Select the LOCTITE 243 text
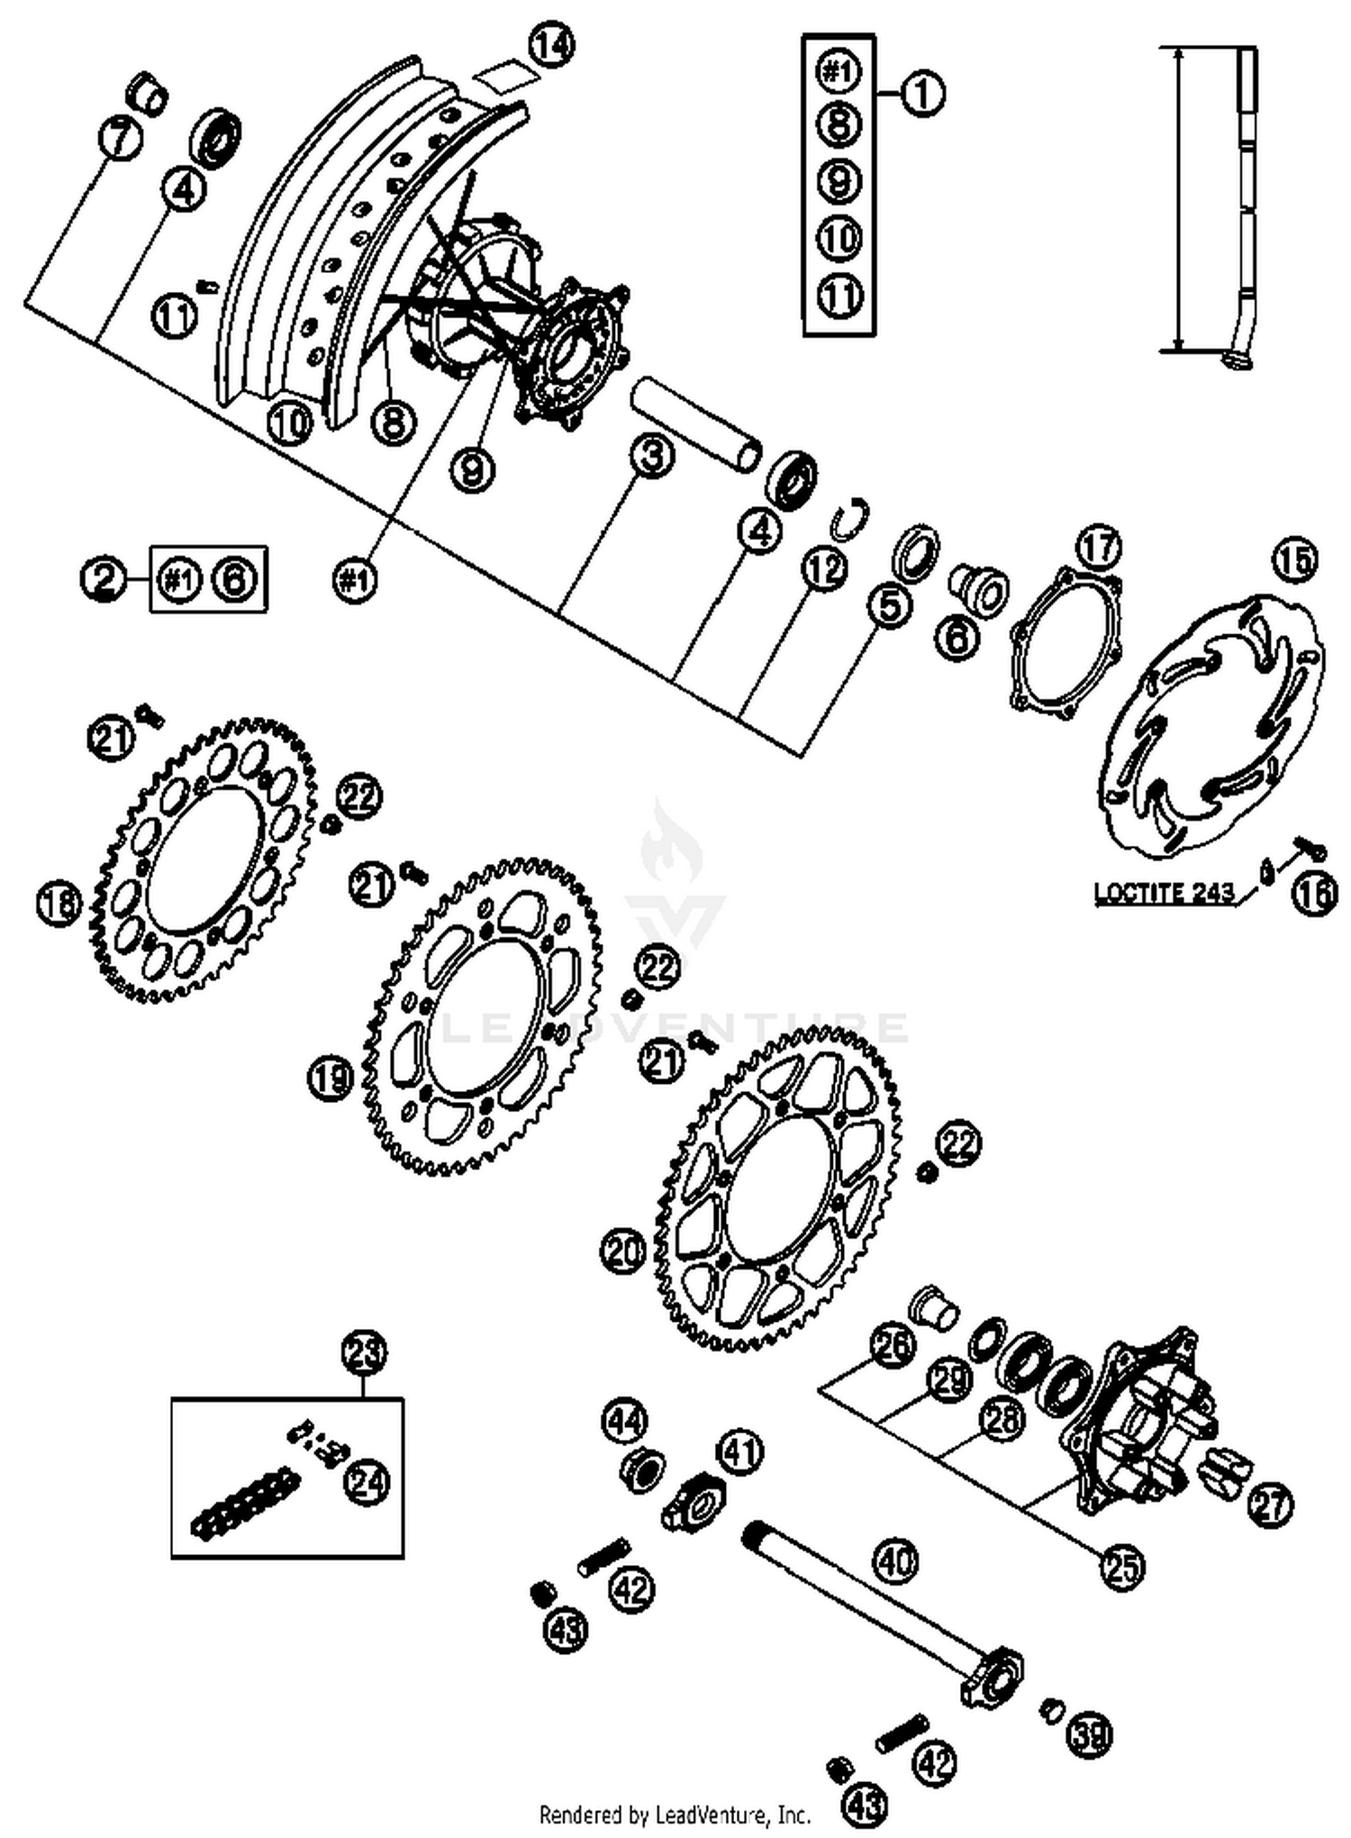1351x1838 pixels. click(x=1163, y=894)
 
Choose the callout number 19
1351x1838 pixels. click(x=331, y=1077)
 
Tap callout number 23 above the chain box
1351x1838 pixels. click(x=365, y=1352)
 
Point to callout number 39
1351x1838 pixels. click(x=1090, y=1733)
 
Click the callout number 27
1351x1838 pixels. click(x=1269, y=1506)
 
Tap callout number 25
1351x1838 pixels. click(x=1122, y=1568)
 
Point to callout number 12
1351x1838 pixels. click(x=824, y=569)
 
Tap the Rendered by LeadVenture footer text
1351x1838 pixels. click(x=675, y=1813)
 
